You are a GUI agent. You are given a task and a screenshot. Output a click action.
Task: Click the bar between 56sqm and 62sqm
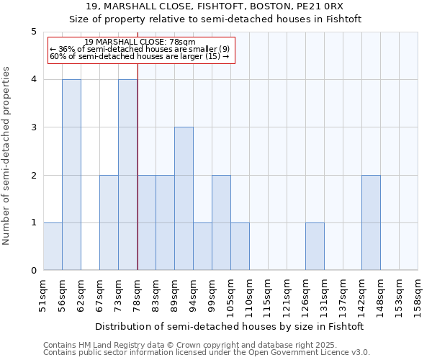coord(71,175)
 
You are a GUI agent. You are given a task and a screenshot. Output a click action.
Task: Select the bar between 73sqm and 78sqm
coord(127,175)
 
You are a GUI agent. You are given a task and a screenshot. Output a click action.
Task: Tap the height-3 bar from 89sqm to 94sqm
coord(184,199)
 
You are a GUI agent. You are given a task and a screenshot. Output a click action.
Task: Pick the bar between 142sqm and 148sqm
coord(371,222)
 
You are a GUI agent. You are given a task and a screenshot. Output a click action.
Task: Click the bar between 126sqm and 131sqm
coord(315,246)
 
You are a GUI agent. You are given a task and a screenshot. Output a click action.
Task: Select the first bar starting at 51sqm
coord(53,246)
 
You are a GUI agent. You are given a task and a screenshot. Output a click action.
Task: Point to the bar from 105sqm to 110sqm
coord(240,246)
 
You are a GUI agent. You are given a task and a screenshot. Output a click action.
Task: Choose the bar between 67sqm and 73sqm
coord(109,222)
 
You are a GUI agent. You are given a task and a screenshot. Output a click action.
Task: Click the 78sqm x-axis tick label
coord(138,294)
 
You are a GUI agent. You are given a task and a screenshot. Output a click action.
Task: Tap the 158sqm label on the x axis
coord(418,294)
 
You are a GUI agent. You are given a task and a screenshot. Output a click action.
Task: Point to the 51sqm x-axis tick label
coord(44,294)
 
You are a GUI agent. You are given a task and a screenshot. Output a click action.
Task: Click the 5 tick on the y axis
coord(33,32)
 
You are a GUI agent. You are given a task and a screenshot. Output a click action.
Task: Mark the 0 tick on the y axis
coord(33,271)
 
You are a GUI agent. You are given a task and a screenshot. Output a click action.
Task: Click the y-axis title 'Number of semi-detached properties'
coord(7,156)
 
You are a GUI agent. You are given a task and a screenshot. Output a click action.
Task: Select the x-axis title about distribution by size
coord(229,326)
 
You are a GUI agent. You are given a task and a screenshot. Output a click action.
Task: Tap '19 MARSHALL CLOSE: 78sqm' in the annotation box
coord(139,42)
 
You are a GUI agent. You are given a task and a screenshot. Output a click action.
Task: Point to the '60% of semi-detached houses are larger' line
coord(139,56)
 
